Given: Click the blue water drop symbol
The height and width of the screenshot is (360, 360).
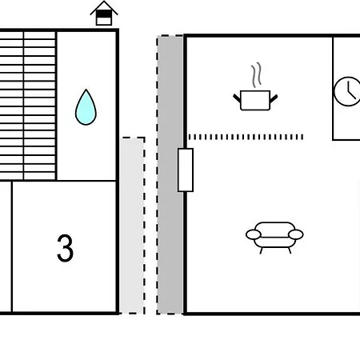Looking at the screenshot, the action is pyautogui.click(x=86, y=108).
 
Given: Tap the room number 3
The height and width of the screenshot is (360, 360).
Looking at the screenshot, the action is pyautogui.click(x=65, y=248).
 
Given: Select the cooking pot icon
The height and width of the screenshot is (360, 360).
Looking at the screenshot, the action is pyautogui.click(x=255, y=100).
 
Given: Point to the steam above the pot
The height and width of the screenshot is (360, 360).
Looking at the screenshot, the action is pyautogui.click(x=256, y=75).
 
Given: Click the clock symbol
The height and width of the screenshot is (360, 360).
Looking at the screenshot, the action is pyautogui.click(x=347, y=91).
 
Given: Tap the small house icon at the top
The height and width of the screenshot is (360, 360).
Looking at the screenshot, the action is pyautogui.click(x=104, y=14).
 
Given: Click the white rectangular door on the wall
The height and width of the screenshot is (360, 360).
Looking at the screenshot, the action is pyautogui.click(x=186, y=170).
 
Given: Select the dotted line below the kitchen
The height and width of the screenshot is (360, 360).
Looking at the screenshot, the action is pyautogui.click(x=246, y=137).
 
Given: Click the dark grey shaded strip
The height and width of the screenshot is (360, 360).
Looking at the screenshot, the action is pyautogui.click(x=170, y=174).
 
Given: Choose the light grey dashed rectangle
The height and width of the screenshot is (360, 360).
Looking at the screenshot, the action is pyautogui.click(x=132, y=226).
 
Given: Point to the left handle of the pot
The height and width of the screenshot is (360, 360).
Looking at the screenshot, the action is pyautogui.click(x=237, y=98).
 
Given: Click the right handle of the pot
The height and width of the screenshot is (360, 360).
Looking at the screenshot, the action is pyautogui.click(x=274, y=98).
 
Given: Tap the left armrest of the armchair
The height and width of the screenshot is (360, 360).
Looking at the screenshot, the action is pyautogui.click(x=254, y=234).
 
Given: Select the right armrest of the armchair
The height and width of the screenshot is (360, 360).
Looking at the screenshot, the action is pyautogui.click(x=296, y=234).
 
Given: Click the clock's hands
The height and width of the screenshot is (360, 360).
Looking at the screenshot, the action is pyautogui.click(x=350, y=90).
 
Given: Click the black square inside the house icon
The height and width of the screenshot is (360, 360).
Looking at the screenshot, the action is pyautogui.click(x=104, y=14).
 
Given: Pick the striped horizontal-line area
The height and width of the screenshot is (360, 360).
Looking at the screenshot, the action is pyautogui.click(x=28, y=106).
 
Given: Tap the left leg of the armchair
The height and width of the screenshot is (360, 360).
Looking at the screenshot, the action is pyautogui.click(x=262, y=250).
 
